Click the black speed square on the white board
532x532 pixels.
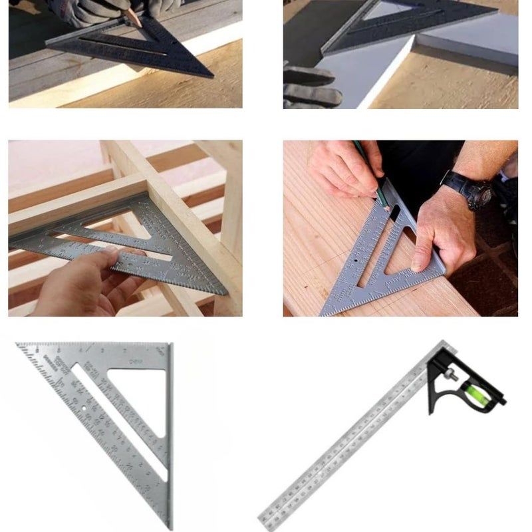tap(399, 27)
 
